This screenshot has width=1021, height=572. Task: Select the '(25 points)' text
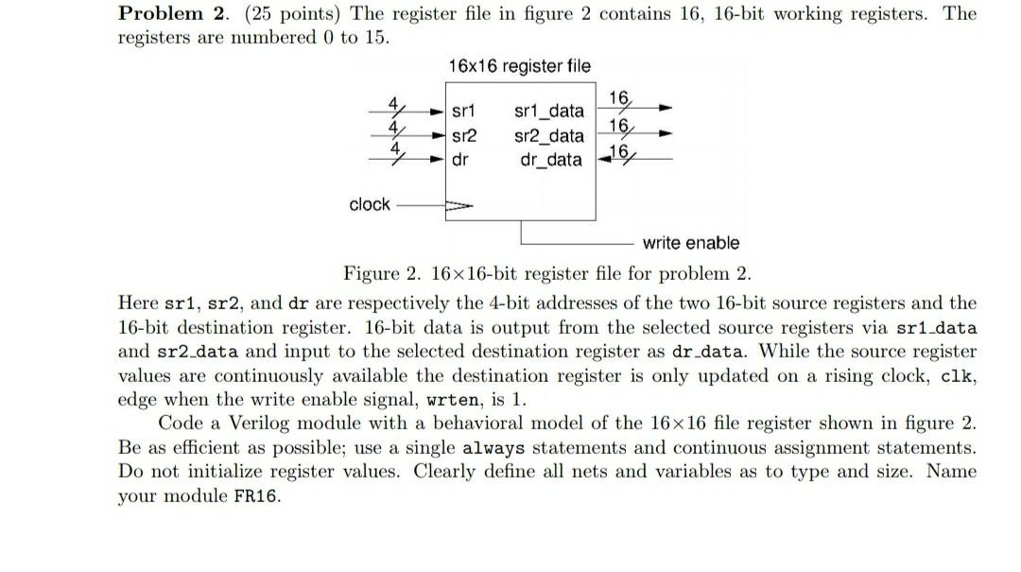click(x=258, y=14)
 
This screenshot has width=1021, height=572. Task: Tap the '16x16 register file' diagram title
click(x=520, y=66)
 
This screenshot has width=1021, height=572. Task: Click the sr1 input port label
click(x=464, y=112)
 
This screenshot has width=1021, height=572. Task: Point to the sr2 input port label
click(x=464, y=135)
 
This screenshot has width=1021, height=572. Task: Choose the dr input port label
click(x=460, y=159)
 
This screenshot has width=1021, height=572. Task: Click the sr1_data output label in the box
click(x=548, y=112)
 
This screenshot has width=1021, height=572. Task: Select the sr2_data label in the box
click(x=548, y=135)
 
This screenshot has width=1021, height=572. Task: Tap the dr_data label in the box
click(x=551, y=159)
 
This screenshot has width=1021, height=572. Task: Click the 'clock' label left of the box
click(x=370, y=204)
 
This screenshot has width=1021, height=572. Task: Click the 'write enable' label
click(x=691, y=243)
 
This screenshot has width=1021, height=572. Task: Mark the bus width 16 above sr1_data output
click(x=618, y=97)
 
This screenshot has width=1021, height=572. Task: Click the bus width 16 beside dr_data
click(x=618, y=153)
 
